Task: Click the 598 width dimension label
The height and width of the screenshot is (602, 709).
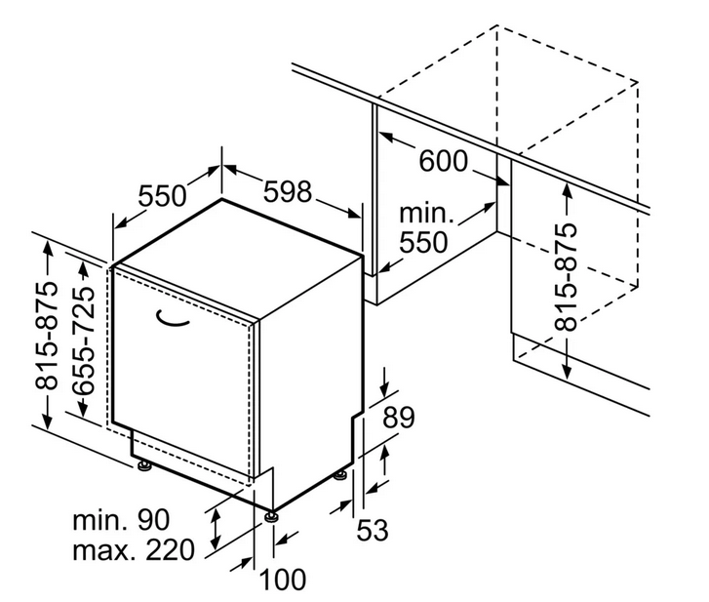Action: point(288,191)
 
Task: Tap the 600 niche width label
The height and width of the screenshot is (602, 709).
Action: point(443,161)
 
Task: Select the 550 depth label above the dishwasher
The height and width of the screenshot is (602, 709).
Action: point(162,196)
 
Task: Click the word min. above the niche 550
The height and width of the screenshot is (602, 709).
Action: point(426,213)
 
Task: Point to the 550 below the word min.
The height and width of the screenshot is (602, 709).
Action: point(423,242)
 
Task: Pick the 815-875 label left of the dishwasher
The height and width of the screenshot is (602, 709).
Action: point(47,336)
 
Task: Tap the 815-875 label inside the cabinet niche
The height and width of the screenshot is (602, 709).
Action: point(566,277)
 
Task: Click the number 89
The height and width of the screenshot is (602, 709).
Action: point(398,418)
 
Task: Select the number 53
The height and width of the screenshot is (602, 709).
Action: point(373,530)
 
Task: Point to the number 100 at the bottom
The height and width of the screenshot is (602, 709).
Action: point(283,580)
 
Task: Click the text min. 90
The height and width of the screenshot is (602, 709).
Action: point(121,520)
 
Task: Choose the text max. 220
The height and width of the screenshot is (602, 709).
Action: point(134,550)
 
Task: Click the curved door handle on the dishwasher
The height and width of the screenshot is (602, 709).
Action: point(172,320)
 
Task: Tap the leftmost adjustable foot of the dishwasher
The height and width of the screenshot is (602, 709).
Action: point(145,465)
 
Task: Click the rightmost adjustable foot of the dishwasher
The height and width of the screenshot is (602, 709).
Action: point(340,476)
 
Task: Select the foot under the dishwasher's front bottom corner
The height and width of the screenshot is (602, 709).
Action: point(272,516)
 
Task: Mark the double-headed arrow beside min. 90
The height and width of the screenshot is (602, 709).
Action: point(217,528)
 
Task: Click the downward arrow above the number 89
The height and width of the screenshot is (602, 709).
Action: point(384,382)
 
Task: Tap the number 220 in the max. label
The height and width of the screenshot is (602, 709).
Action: point(170,550)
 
